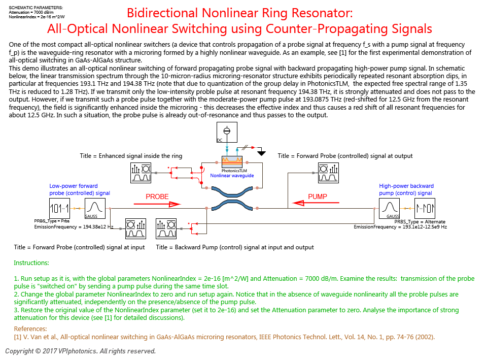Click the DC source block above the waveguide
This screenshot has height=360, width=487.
(x=227, y=132)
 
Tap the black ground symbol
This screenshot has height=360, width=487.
(x=262, y=153)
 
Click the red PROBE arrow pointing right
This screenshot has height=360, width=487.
(x=157, y=204)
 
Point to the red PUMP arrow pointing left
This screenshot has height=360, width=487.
(x=316, y=203)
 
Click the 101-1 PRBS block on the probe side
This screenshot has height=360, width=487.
(x=59, y=208)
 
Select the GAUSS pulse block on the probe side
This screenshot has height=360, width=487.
(x=95, y=208)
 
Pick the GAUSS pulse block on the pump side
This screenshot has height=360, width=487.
(x=389, y=208)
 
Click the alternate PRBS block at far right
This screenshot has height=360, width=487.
(x=425, y=208)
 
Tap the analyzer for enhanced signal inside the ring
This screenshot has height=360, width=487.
(x=141, y=173)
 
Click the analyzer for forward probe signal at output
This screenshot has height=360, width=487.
(x=329, y=173)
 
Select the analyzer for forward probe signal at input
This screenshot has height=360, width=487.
(x=136, y=228)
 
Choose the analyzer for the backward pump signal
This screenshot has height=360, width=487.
(x=166, y=228)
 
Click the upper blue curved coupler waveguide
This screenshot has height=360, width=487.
(x=232, y=192)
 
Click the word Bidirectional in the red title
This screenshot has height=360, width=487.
(x=162, y=13)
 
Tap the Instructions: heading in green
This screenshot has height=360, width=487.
(x=31, y=263)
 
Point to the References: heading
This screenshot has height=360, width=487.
(x=30, y=329)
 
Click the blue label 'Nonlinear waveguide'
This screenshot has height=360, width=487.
(x=232, y=176)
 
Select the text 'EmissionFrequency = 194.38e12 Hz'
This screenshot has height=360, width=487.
(x=74, y=227)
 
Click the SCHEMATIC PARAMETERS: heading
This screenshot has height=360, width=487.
(x=36, y=8)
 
